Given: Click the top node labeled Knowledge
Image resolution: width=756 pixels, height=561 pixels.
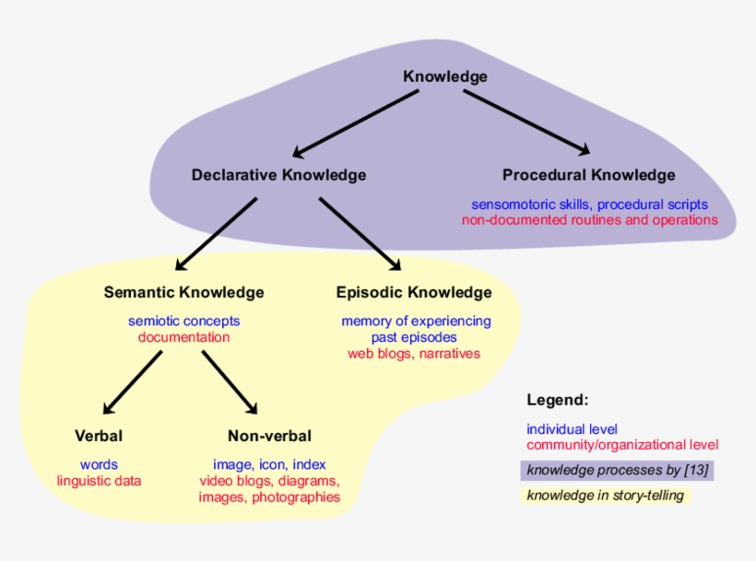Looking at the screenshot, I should click(445, 76).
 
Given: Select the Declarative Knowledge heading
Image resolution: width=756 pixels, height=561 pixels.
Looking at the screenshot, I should click(278, 175).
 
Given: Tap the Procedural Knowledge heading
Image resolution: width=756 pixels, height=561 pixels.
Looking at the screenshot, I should click(588, 175).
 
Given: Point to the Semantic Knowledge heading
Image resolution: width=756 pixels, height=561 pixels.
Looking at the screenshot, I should click(183, 293).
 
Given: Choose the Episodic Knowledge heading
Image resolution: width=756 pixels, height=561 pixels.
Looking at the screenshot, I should click(414, 293).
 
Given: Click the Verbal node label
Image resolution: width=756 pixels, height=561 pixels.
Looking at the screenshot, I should click(99, 436).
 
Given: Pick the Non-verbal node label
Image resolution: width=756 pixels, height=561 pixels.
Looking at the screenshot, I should click(269, 436).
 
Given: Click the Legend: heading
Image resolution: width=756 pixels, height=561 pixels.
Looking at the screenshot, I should click(557, 401).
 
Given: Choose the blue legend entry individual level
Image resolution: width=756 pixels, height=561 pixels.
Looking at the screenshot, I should click(572, 429).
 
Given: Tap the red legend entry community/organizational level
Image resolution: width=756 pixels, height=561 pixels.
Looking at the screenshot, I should click(622, 445).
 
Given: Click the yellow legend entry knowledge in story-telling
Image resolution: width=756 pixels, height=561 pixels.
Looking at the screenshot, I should click(606, 496).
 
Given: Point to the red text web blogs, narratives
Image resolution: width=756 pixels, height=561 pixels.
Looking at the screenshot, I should click(414, 353).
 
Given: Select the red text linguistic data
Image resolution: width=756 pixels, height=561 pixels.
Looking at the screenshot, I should click(99, 481).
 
